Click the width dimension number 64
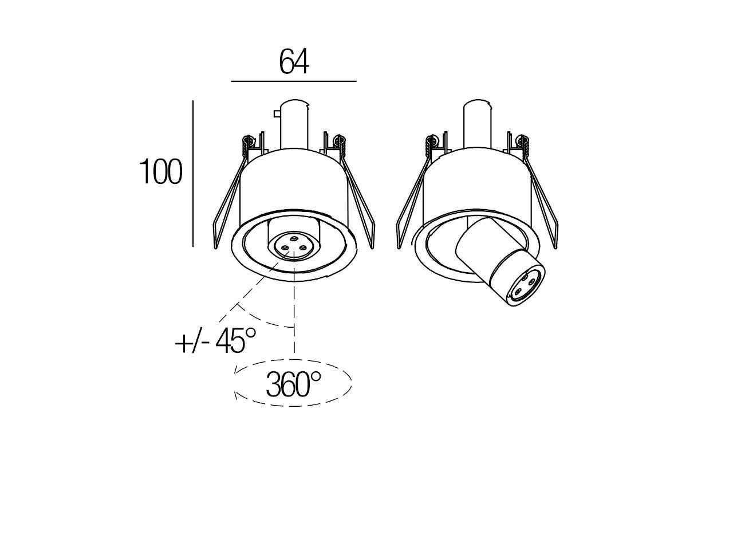[294, 62]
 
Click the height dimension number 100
[161, 172]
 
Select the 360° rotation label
[293, 384]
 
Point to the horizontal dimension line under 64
[294, 82]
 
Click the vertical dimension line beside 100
[193, 172]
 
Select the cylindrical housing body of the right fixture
[476, 183]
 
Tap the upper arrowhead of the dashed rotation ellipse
[235, 373]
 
